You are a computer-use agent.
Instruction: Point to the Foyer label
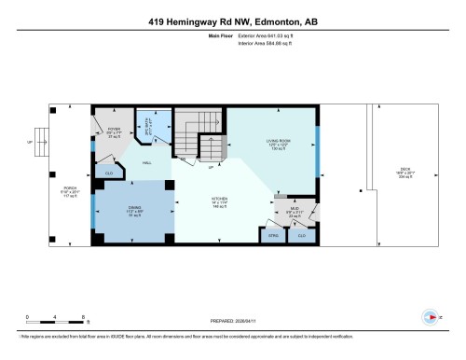point(114,131)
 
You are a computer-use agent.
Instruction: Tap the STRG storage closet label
point(274,236)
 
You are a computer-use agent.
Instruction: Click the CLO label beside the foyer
point(109,173)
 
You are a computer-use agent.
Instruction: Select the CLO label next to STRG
point(301,235)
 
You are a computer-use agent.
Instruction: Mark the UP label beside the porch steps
point(30,143)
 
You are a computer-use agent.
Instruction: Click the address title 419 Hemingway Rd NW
point(233,20)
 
